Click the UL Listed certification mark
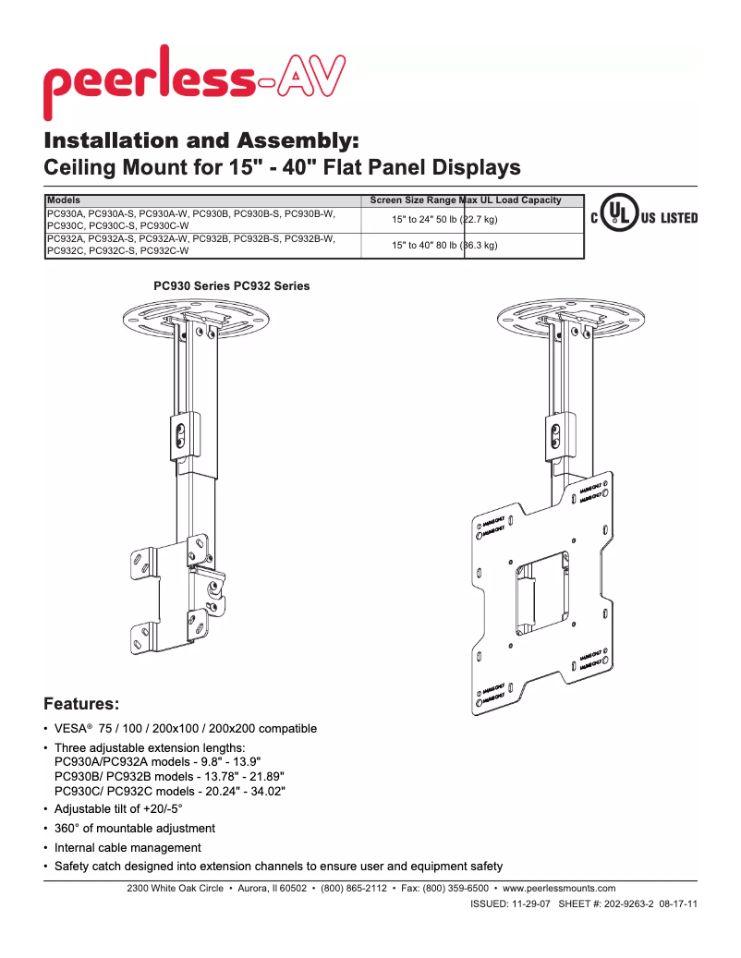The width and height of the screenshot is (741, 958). pos(644,218)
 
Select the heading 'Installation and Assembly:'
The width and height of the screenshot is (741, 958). pos(201,141)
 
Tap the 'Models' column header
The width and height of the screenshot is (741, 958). pos(64,200)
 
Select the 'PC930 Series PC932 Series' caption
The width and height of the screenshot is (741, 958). pos(231,286)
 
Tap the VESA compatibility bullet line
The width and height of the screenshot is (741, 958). pos(185,729)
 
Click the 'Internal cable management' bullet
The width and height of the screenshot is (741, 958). pos(128,848)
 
